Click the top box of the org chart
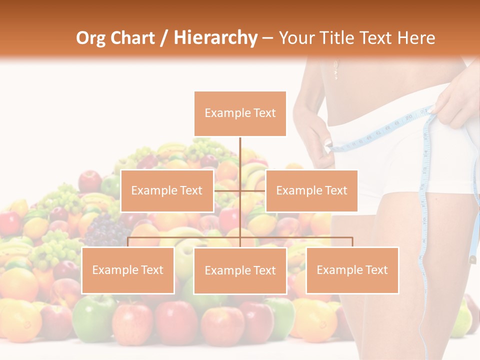(240, 113)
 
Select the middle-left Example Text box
(167, 190)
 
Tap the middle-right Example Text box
(311, 190)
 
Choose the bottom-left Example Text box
(128, 270)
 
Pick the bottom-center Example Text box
(240, 270)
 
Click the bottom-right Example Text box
(352, 270)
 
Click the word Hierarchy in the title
(215, 38)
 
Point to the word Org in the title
(91, 38)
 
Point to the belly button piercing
(335, 69)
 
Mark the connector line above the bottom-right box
(352, 241)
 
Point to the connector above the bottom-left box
(128, 241)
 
